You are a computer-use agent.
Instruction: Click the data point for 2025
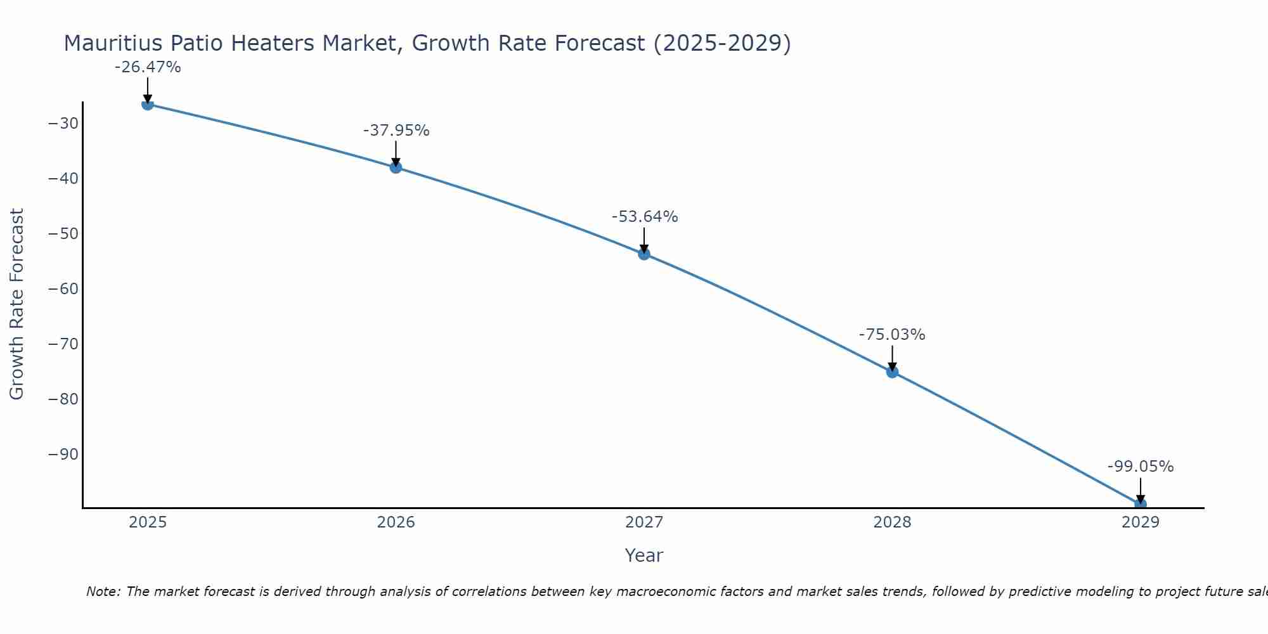148,104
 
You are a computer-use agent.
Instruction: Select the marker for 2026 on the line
396,167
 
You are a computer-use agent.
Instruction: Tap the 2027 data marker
644,254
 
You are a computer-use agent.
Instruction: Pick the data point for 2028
892,372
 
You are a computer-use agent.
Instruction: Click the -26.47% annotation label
148,67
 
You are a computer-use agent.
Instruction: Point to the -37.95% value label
396,131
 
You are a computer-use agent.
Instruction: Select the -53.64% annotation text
645,217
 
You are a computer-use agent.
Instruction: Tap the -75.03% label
892,335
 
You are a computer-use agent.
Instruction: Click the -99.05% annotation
1141,467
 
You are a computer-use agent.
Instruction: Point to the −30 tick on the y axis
63,124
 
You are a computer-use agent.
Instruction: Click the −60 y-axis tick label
63,289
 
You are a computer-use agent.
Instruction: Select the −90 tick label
63,455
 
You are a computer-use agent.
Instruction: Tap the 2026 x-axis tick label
396,522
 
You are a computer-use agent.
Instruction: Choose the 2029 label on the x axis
1141,522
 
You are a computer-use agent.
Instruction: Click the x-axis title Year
644,555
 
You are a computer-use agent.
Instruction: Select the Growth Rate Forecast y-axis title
16,304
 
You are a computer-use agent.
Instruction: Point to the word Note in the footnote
101,592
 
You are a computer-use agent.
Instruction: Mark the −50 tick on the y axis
63,234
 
